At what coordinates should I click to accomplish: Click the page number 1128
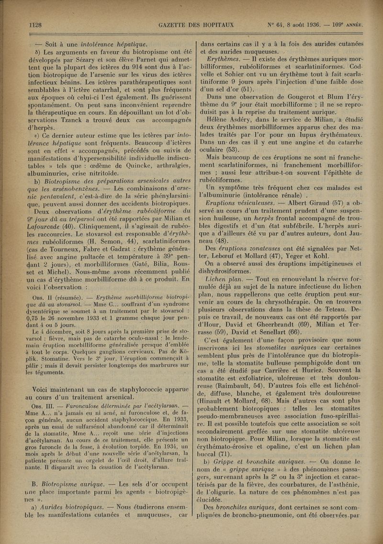37,25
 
